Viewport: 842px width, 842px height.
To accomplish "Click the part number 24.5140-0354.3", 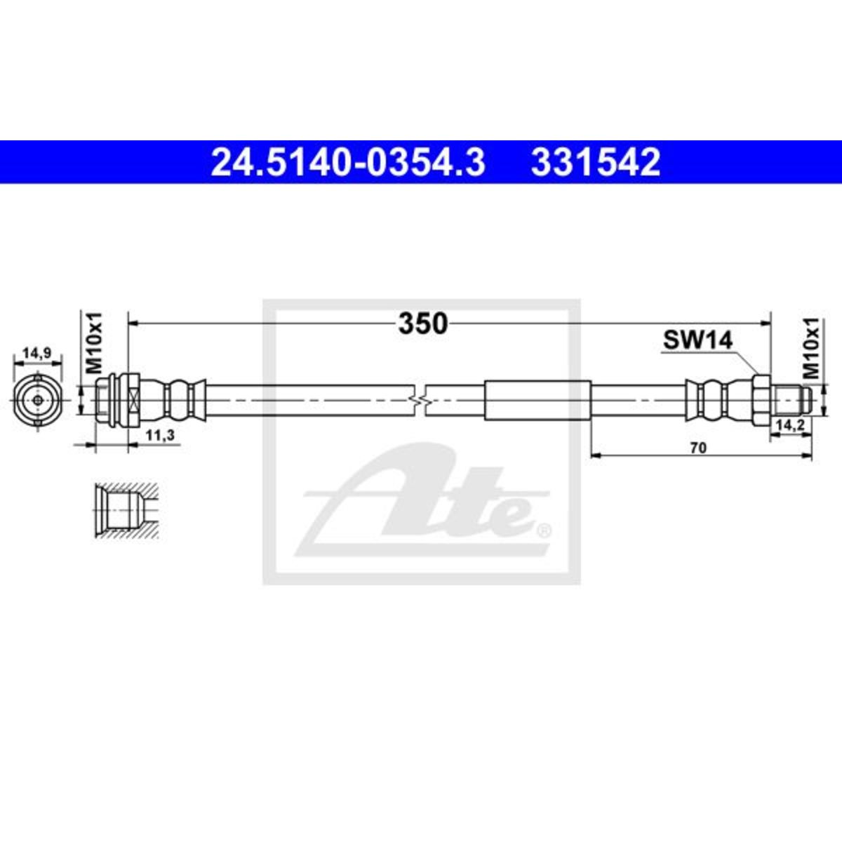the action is click(348, 162).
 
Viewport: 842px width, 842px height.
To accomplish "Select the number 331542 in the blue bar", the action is click(596, 162).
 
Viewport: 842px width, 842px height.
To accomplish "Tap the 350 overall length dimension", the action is click(423, 323).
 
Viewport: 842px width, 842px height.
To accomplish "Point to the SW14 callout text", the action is click(697, 340).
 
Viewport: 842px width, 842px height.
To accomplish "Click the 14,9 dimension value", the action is click(37, 353).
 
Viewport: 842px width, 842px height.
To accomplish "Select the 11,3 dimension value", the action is click(159, 435).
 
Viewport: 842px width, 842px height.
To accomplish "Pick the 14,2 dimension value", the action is click(790, 425).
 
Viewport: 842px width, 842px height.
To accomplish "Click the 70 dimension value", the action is click(699, 448).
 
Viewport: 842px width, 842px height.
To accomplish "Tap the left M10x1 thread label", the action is click(93, 343).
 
